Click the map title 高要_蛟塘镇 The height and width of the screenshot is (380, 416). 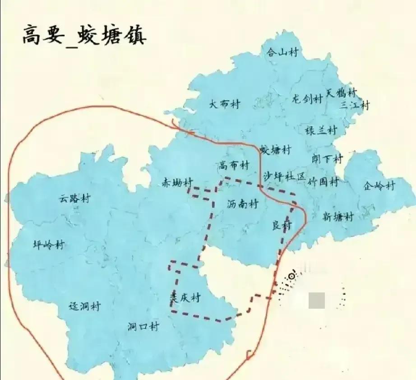click(84, 35)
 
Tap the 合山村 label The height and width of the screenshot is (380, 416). click(282, 52)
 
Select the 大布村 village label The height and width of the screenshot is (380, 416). click(224, 104)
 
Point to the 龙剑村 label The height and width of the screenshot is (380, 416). click(307, 99)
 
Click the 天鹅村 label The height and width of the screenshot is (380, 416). click(341, 93)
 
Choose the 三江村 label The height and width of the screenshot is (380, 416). click(355, 105)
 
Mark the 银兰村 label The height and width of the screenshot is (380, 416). click(321, 130)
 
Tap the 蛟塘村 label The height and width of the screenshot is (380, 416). click(276, 150)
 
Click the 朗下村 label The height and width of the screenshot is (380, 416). click(327, 159)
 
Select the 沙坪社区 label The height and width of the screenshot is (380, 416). click(285, 176)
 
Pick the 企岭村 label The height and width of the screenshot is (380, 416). click(379, 185)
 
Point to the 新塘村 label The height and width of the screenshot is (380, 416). click(337, 217)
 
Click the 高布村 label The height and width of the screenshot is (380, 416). click(234, 165)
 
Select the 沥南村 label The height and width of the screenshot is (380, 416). click(242, 204)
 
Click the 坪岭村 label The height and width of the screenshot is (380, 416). click(49, 245)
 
